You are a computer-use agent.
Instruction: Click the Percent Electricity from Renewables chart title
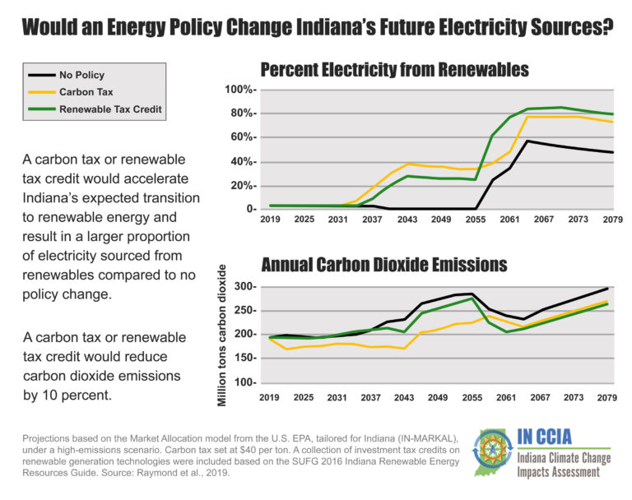394,68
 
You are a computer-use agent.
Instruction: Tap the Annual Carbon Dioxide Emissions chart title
384,265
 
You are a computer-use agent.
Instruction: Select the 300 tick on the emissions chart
244,286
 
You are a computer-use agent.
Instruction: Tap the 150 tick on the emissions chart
244,359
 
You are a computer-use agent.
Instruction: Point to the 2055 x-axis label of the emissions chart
472,397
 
